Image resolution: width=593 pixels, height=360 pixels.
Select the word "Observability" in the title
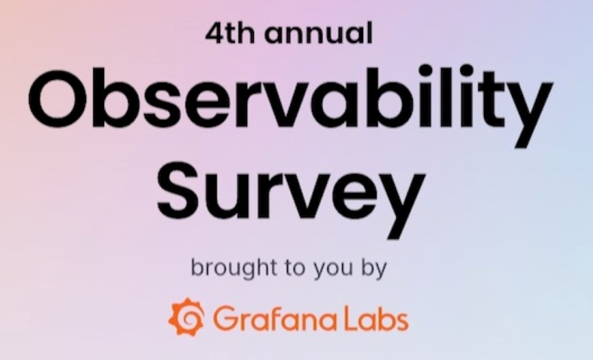pos(291,106)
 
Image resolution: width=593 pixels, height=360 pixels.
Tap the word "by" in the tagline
pos(374,270)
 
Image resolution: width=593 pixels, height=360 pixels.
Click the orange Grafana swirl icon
pos(187,317)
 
